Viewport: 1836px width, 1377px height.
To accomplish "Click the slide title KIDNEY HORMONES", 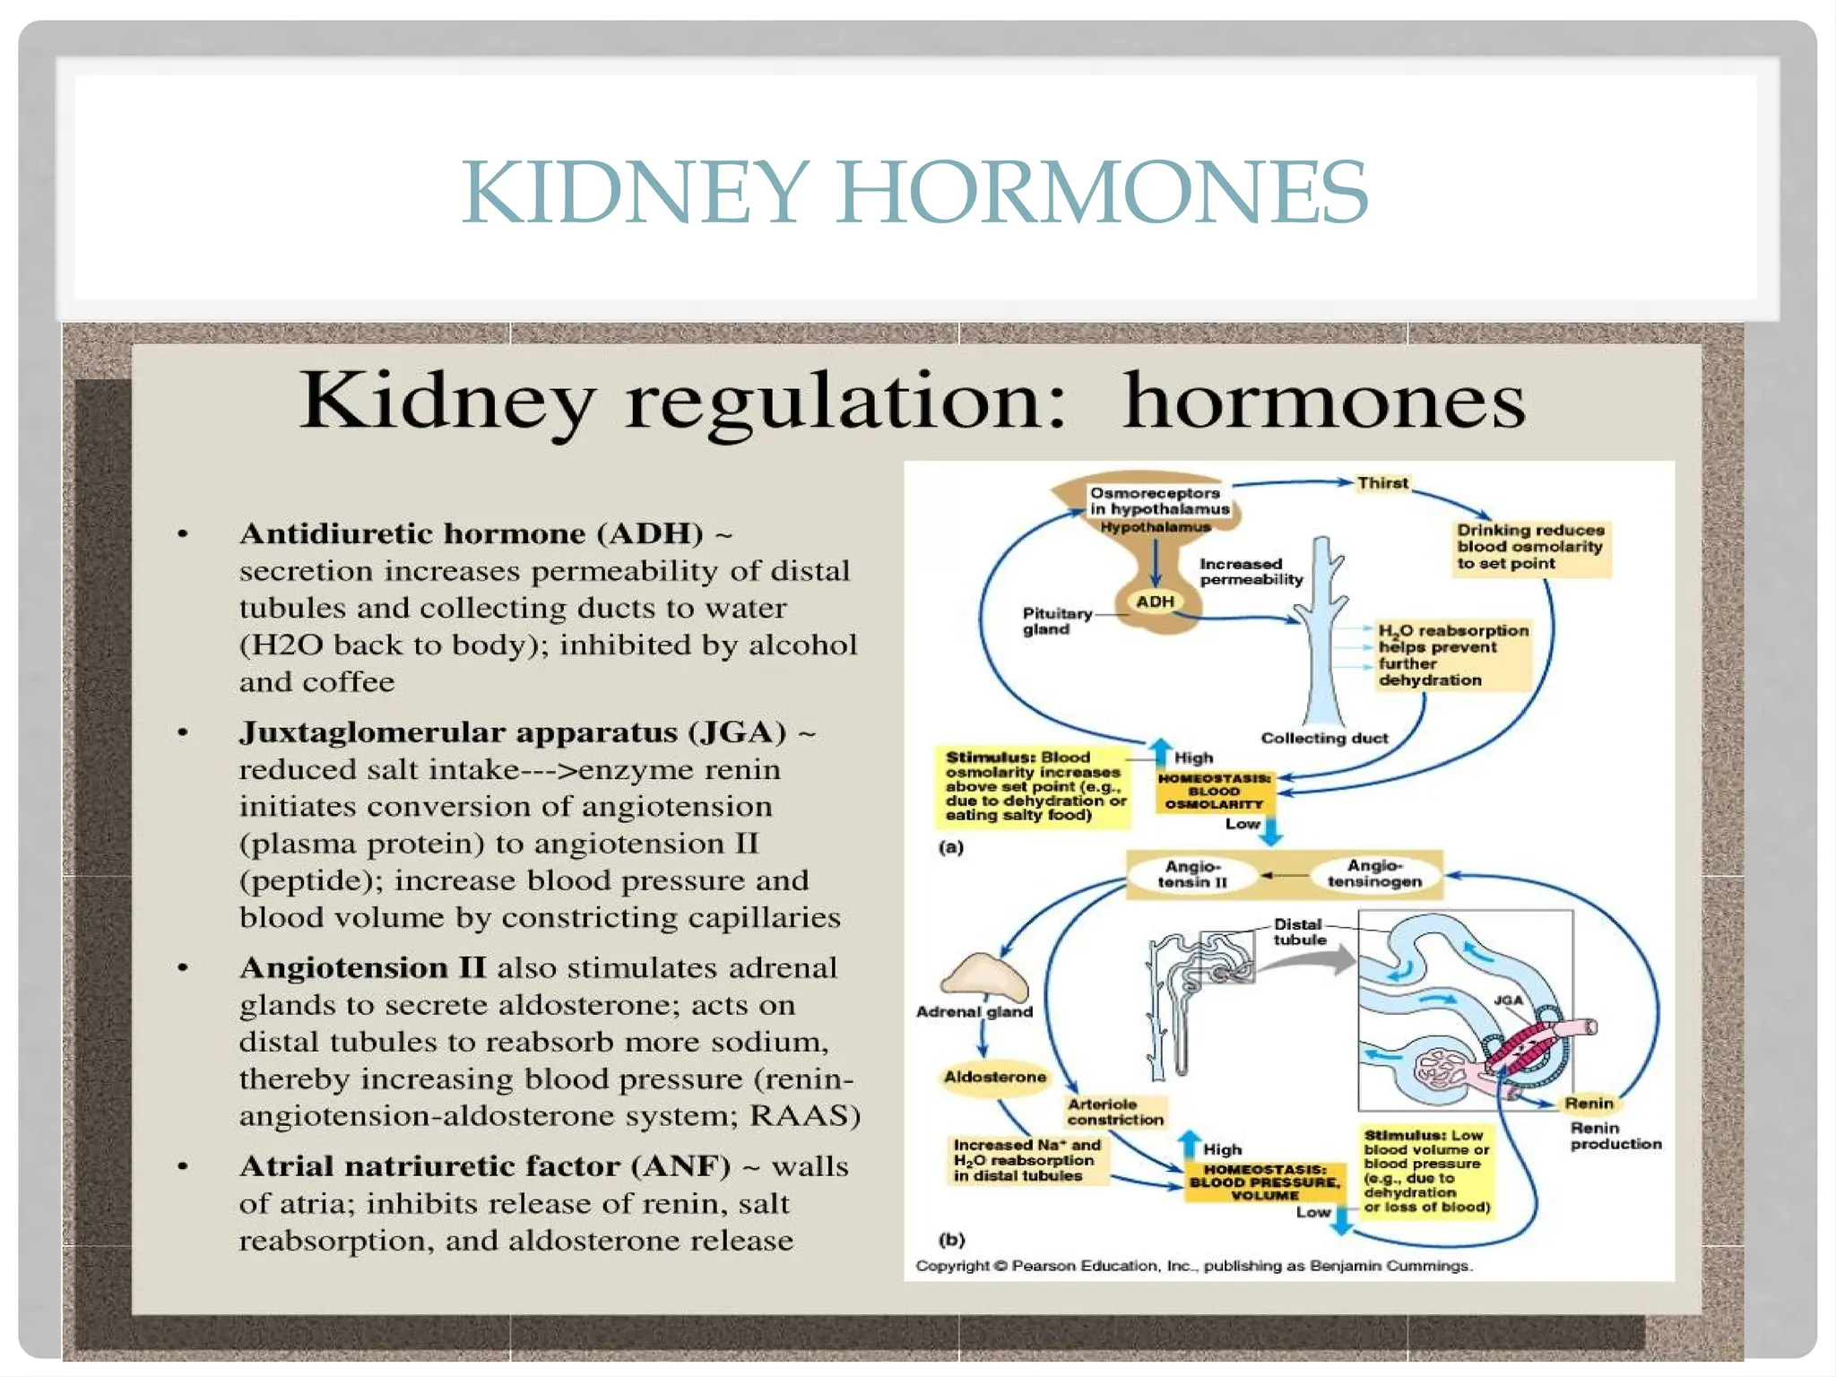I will pos(914,192).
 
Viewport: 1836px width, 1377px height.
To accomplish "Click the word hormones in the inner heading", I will pos(1323,401).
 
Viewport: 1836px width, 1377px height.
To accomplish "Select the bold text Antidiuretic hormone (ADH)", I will pos(472,533).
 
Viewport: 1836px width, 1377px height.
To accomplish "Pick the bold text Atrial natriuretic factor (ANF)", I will pos(485,1166).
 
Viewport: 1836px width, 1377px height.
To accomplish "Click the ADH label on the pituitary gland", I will pos(1155,602).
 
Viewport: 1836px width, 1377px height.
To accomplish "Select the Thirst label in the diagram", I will pos(1382,483).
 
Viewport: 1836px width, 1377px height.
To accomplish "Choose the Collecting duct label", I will pos(1324,738).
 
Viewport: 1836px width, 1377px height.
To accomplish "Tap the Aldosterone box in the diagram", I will pos(994,1077).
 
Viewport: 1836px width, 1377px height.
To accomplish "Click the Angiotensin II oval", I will pos(1191,874).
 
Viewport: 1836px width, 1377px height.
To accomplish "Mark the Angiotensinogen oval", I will pos(1374,874).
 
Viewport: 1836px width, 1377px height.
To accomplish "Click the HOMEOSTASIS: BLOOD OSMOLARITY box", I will pos(1214,792).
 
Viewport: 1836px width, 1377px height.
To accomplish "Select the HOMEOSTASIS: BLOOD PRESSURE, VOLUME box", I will pos(1264,1182).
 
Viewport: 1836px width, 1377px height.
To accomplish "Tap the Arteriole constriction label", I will pos(1115,1112).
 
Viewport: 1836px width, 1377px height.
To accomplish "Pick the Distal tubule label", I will pos(1299,931).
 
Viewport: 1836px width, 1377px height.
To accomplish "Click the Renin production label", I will pos(1615,1136).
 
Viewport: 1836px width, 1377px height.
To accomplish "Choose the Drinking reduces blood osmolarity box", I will pos(1529,547).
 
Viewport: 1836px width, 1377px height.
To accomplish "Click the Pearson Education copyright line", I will pos(1192,1266).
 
